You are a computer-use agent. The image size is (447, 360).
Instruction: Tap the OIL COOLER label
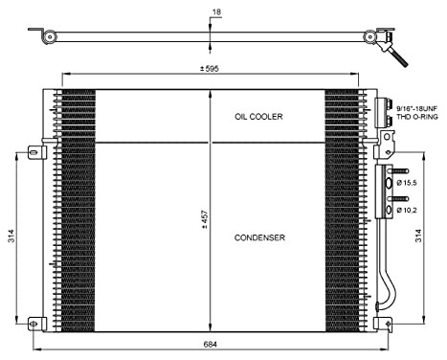259,116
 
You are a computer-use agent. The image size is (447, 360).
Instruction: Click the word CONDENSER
258,237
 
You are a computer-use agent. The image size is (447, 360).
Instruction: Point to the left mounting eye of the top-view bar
46,35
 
